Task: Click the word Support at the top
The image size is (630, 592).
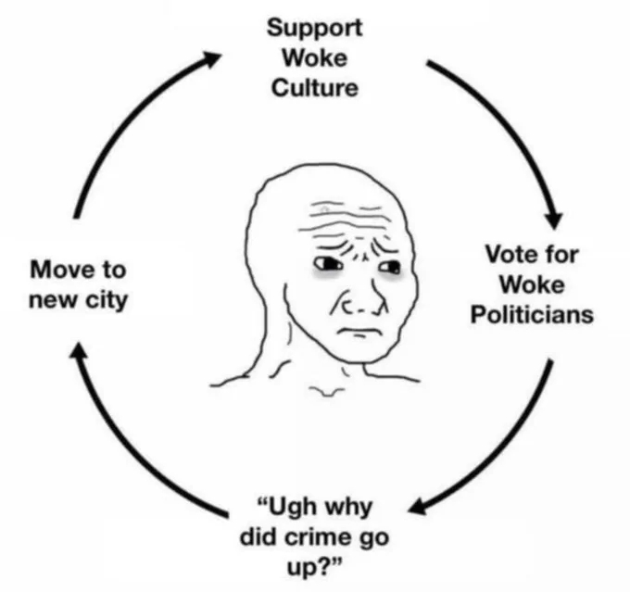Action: click(x=315, y=29)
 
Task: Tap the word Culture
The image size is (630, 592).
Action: click(x=315, y=88)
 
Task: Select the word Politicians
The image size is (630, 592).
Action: click(x=532, y=314)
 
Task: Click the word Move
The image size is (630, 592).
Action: click(x=59, y=270)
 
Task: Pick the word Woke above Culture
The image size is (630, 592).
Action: click(x=315, y=58)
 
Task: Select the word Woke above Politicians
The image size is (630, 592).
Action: click(x=532, y=284)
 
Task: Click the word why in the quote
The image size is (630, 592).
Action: click(x=348, y=508)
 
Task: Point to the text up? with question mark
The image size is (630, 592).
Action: click(x=315, y=568)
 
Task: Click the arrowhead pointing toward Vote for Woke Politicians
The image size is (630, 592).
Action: click(x=554, y=219)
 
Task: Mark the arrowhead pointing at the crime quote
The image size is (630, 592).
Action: click(x=419, y=506)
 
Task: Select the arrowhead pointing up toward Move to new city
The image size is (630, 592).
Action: click(x=79, y=350)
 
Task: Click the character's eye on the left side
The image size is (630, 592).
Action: click(x=328, y=264)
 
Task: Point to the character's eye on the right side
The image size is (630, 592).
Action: click(x=390, y=267)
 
